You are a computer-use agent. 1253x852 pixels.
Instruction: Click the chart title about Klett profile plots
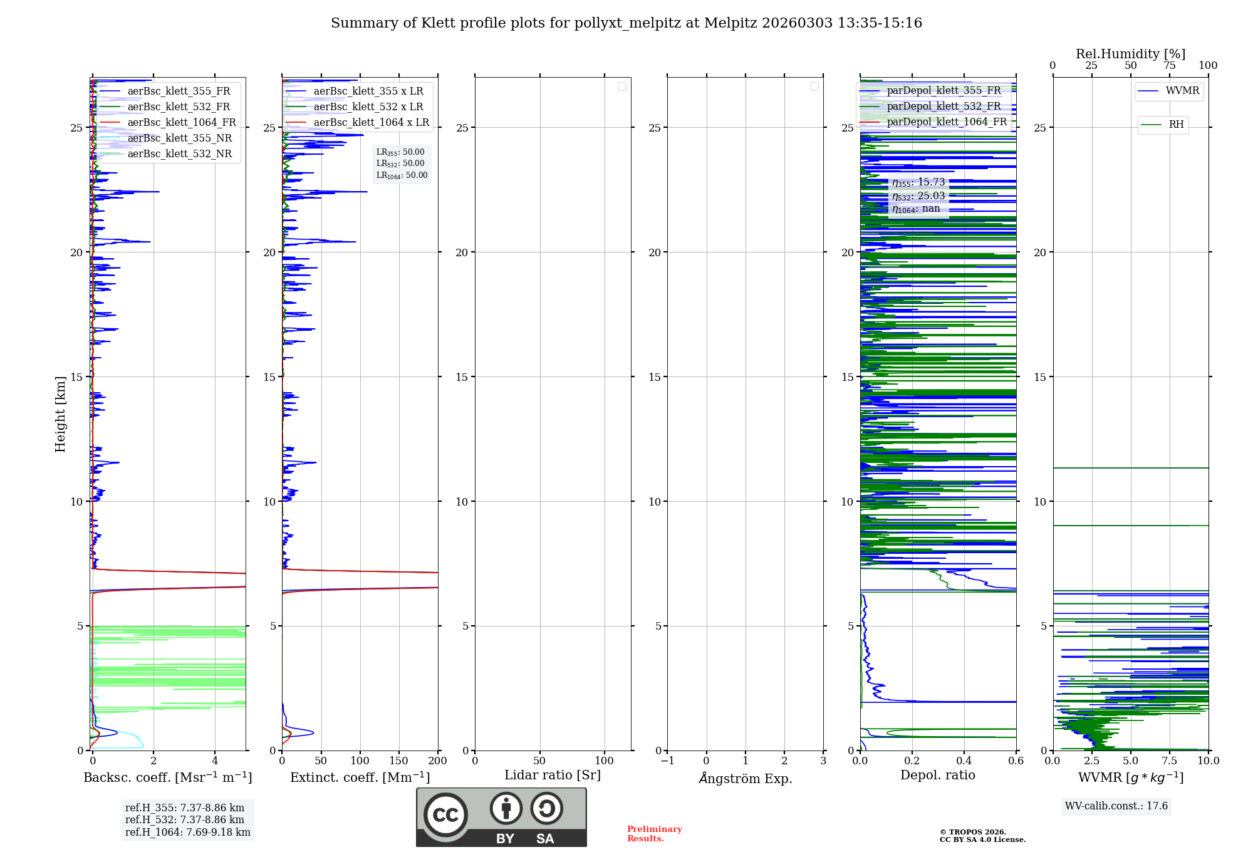[x=626, y=23]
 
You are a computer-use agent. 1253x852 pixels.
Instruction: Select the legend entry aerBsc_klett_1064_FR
[x=181, y=123]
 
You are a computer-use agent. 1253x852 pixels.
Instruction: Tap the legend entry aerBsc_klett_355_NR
[x=179, y=138]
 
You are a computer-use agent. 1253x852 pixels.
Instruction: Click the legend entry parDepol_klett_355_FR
[x=944, y=91]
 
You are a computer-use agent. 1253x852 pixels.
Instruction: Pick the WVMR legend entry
[x=1182, y=91]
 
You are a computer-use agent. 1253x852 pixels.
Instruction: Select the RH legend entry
[x=1175, y=125]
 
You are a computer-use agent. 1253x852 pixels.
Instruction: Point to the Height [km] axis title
[x=60, y=413]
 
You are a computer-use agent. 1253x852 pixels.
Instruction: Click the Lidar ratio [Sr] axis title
[x=553, y=776]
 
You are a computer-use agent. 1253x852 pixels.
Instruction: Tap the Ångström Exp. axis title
[x=746, y=778]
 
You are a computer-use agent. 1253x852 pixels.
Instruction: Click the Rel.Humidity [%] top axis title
[x=1130, y=54]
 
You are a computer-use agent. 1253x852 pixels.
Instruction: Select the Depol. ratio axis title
[x=938, y=776]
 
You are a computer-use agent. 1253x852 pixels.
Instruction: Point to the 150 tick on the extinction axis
[x=399, y=761]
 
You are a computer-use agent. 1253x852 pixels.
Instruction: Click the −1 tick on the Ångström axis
[x=668, y=761]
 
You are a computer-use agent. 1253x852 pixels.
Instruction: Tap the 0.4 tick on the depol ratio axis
[x=964, y=761]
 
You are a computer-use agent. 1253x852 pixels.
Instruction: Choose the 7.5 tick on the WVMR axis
[x=1170, y=761]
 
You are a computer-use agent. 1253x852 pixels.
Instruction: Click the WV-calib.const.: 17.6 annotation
[x=1116, y=806]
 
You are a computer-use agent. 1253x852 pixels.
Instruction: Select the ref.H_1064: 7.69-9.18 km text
[x=188, y=833]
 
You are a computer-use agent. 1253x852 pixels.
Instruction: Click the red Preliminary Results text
[x=654, y=834]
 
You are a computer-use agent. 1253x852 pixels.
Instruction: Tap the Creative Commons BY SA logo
[x=501, y=817]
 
